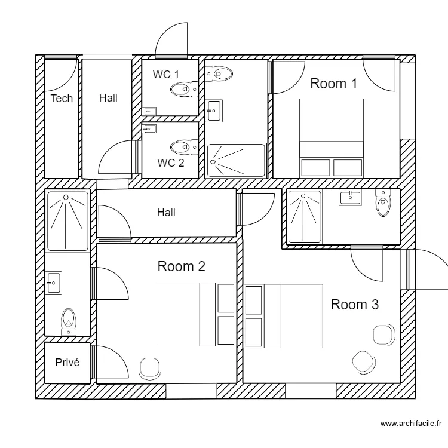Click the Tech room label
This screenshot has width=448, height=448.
pyautogui.click(x=62, y=99)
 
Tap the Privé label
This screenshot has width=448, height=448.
pyautogui.click(x=67, y=363)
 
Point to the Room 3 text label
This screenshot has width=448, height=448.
pyautogui.click(x=354, y=305)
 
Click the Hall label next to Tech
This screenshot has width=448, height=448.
pyautogui.click(x=108, y=98)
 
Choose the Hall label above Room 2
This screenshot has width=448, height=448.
pyautogui.click(x=166, y=212)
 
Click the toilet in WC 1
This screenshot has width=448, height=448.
pyautogui.click(x=183, y=90)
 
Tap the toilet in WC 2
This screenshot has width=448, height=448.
pyautogui.click(x=183, y=146)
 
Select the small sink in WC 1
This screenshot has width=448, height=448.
pyautogui.click(x=149, y=111)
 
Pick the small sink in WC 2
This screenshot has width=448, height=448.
pyautogui.click(x=149, y=128)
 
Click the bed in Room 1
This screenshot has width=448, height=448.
pyautogui.click(x=331, y=137)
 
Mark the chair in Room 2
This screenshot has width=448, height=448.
pyautogui.click(x=149, y=368)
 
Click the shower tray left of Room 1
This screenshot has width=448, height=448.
pyautogui.click(x=235, y=160)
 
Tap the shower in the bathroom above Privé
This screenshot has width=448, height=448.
pyautogui.click(x=67, y=220)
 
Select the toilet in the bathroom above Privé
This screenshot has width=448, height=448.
pyautogui.click(x=68, y=322)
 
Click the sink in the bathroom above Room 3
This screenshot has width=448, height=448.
pyautogui.click(x=350, y=197)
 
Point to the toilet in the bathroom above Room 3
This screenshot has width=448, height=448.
pyautogui.click(x=382, y=204)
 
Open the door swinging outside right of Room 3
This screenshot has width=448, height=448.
pyautogui.click(x=427, y=269)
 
